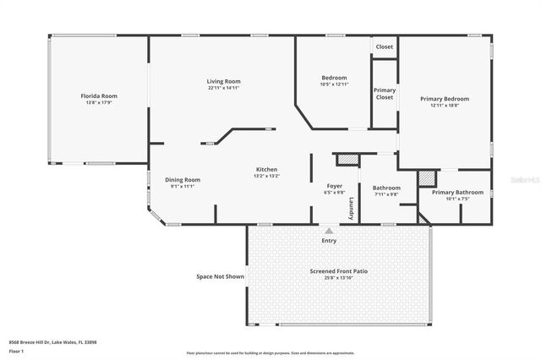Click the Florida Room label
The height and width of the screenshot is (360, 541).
pyautogui.click(x=98, y=96)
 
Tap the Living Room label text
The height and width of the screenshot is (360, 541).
pyautogui.click(x=224, y=81)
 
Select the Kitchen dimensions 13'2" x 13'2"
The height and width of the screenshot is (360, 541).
pyautogui.click(x=267, y=177)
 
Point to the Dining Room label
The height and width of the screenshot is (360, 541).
pyautogui.click(x=183, y=179)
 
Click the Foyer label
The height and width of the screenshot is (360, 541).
pyautogui.click(x=335, y=185)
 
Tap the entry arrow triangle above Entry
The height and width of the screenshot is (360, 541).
pyautogui.click(x=329, y=230)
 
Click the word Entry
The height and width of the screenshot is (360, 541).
pyautogui.click(x=329, y=241)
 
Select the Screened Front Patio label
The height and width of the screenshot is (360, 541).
pyautogui.click(x=339, y=271)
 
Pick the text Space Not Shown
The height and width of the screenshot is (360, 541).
pyautogui.click(x=220, y=276)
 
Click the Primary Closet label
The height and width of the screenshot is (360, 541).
pyautogui.click(x=385, y=94)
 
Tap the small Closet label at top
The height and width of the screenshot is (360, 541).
pyautogui.click(x=385, y=46)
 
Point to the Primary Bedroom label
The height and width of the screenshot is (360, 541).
pyautogui.click(x=445, y=99)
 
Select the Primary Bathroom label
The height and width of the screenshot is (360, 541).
pyautogui.click(x=457, y=192)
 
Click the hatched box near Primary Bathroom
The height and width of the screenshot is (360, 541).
pyautogui.click(x=429, y=178)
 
